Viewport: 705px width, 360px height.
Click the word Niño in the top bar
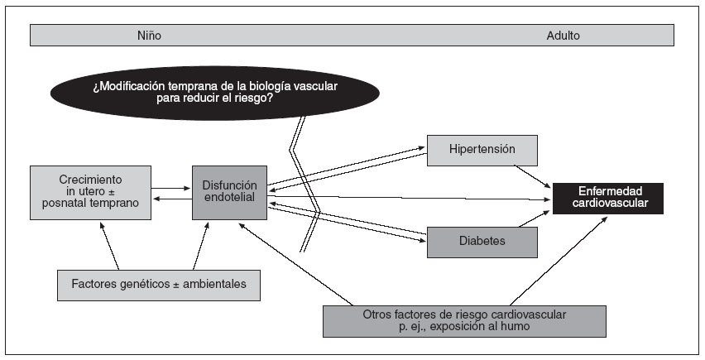(x=149, y=36)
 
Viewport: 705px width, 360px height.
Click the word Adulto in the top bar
(x=563, y=36)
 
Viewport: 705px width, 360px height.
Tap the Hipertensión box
(x=482, y=150)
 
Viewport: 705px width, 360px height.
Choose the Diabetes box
(x=482, y=241)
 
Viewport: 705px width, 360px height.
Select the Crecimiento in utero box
(x=90, y=193)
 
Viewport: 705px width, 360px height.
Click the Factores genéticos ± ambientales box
(x=158, y=285)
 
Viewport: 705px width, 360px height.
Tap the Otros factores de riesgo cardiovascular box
(x=464, y=321)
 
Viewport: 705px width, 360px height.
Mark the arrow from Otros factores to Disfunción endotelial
(x=290, y=265)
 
